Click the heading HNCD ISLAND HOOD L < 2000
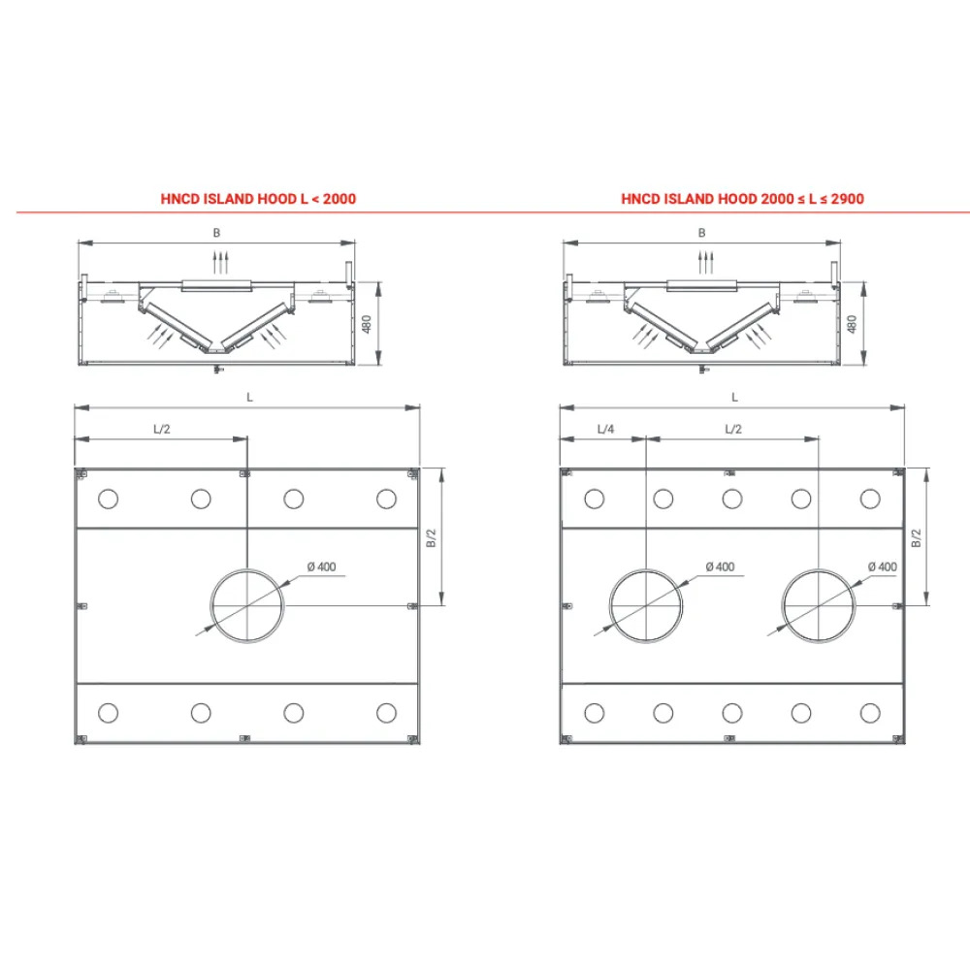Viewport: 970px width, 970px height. pos(258,199)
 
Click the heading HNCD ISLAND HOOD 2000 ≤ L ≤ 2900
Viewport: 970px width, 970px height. pos(742,199)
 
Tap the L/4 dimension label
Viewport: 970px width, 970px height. pos(605,430)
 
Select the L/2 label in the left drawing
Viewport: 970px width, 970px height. pos(161,430)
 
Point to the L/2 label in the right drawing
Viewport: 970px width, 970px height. pos(733,430)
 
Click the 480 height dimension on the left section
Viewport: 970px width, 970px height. pos(367,324)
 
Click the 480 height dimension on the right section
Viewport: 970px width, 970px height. pos(852,324)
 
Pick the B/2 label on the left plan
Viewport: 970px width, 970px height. pos(432,538)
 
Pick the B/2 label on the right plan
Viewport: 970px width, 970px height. pos(917,538)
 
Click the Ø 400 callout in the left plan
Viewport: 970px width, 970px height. pos(322,566)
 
